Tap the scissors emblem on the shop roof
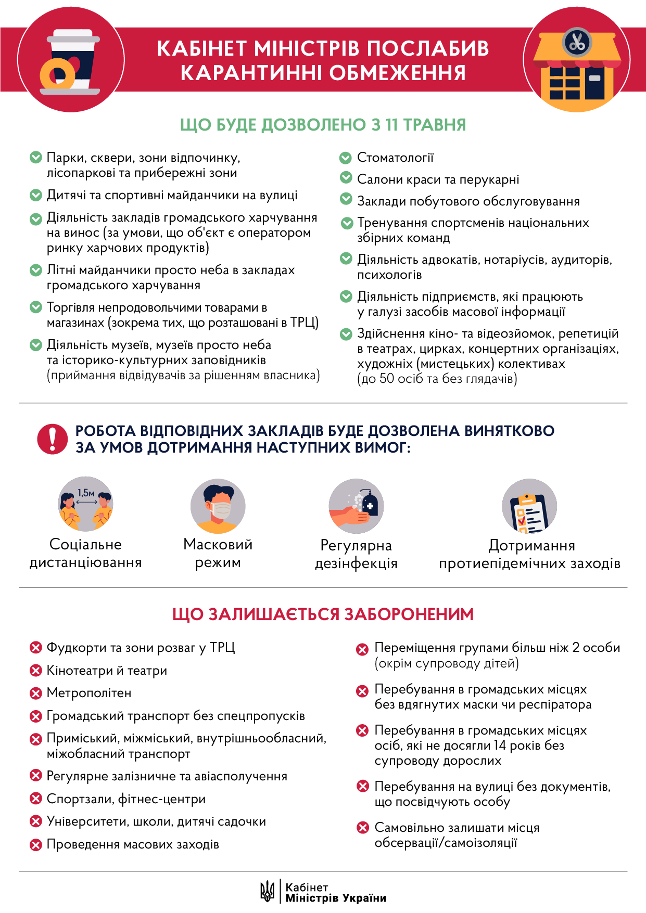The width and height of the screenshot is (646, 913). [x=577, y=42]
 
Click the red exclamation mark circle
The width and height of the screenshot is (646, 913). [x=52, y=439]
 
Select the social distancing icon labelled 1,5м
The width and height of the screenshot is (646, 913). [x=85, y=504]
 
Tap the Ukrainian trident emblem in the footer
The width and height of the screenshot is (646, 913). [x=267, y=891]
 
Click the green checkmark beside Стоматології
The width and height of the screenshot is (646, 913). [x=346, y=158]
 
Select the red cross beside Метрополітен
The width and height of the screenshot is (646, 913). [x=35, y=693]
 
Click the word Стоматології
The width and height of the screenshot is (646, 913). [x=395, y=158]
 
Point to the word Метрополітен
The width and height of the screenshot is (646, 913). [x=89, y=693]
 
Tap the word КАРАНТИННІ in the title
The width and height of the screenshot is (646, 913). [x=250, y=73]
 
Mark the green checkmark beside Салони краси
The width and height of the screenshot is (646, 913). [x=346, y=178]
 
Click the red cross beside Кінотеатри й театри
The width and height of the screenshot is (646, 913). [x=35, y=671]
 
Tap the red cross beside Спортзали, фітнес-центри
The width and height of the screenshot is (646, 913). [x=35, y=799]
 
